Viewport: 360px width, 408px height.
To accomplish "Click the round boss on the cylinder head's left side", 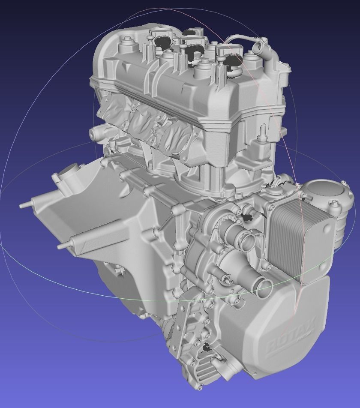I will [x=95, y=134].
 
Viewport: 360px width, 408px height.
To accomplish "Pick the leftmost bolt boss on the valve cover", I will [x=126, y=42].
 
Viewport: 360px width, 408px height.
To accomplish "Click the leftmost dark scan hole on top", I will [x=162, y=42].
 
